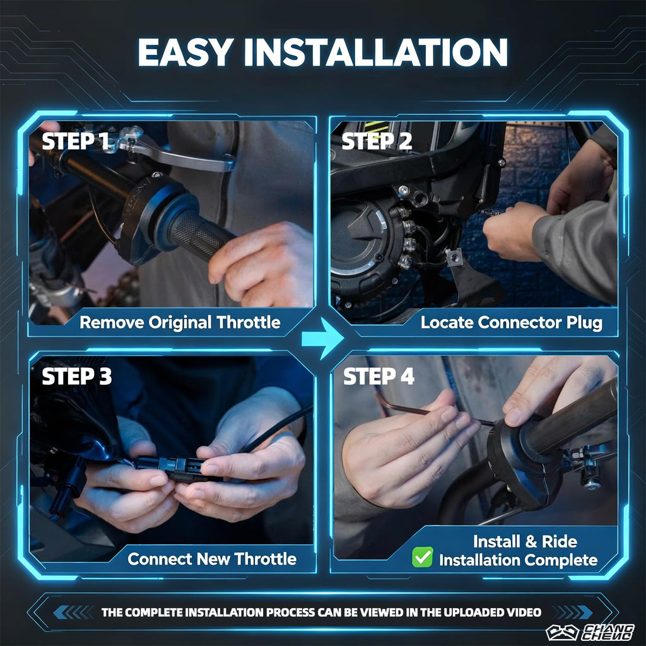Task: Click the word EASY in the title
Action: point(186,52)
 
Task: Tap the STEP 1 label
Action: point(75,141)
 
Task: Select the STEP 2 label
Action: point(377,141)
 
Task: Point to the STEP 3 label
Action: point(76,377)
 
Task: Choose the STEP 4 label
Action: point(379,377)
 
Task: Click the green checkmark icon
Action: point(422,557)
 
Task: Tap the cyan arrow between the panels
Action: point(322,338)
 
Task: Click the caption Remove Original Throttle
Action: point(180,322)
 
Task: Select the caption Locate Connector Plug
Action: point(511,322)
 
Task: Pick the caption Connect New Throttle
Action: point(212,559)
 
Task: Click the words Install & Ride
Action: point(525,541)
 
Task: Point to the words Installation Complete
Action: point(519,560)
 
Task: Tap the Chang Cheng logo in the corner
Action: point(590,632)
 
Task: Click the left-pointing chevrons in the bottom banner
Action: point(73,612)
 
